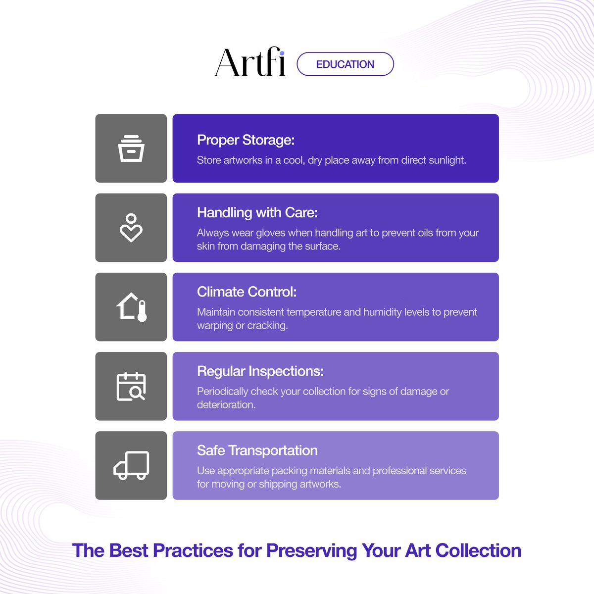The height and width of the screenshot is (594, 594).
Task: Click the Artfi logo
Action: point(250,63)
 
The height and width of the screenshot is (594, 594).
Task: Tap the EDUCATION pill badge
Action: point(345,64)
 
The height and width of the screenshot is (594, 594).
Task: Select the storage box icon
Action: point(131,148)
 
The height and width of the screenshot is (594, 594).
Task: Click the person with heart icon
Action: point(131,228)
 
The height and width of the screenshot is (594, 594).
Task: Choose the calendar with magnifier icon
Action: point(131,386)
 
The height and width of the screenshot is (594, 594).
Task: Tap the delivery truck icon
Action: point(131,465)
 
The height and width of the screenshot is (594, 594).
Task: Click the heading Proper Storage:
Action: point(246,140)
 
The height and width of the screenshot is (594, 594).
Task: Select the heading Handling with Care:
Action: point(257,213)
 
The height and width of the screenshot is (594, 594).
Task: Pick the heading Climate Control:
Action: point(247,292)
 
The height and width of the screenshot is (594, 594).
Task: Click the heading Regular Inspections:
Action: point(260,371)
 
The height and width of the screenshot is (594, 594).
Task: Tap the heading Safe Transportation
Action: point(257,450)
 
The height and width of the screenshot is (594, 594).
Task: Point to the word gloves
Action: point(270,233)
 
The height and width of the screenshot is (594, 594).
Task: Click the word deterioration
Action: point(226,405)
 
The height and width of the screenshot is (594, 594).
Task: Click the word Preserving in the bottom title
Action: point(311,551)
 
